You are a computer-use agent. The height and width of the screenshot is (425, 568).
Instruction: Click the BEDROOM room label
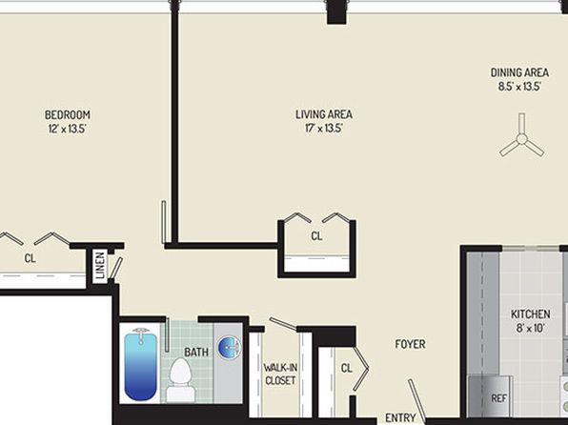(68, 115)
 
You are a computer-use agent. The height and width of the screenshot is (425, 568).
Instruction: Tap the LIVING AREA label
(324, 114)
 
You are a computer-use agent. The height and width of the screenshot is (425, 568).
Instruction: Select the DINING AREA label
(519, 72)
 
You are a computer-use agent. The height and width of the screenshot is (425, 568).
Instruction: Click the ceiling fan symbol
(522, 138)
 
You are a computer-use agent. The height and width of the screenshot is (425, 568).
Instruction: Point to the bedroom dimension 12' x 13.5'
(68, 129)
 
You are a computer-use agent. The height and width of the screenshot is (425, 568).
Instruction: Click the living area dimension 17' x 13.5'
(324, 129)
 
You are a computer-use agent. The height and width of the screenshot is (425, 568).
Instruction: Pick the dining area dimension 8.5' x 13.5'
(519, 87)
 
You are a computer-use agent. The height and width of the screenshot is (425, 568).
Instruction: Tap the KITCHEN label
(530, 314)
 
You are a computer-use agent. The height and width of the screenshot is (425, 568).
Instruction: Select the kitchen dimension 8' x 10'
(530, 328)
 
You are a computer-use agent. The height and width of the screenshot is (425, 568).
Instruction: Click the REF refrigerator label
(498, 398)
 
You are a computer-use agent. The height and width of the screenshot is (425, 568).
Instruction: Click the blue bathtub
(140, 365)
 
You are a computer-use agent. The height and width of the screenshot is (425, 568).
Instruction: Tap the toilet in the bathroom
(180, 379)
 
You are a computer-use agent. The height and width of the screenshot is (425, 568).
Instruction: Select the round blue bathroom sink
(229, 347)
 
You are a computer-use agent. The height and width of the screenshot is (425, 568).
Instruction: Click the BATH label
(196, 352)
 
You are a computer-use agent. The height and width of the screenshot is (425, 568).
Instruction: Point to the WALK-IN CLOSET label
(280, 374)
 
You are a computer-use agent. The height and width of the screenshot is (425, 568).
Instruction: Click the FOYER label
(410, 344)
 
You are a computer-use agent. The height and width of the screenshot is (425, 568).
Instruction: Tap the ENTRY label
(400, 417)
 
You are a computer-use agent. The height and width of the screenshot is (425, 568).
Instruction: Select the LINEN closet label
(100, 265)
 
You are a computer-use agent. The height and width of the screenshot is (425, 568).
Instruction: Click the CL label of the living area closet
(316, 236)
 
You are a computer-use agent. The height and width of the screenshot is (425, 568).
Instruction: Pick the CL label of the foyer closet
(346, 368)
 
